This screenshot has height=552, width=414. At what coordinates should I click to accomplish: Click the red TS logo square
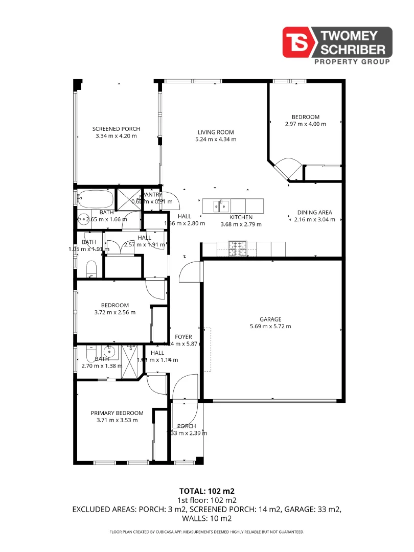(300, 42)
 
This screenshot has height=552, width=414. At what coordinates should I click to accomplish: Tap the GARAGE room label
(270, 319)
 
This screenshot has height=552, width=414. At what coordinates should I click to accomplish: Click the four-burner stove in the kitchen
(237, 248)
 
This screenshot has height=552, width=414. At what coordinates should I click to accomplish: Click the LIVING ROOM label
(216, 132)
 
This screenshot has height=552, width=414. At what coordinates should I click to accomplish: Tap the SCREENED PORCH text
(116, 129)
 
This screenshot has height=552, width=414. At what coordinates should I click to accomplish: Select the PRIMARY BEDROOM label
(117, 413)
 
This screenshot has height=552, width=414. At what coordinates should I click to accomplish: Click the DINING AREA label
(315, 213)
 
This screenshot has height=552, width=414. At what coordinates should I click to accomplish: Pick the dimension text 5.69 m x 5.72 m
(270, 327)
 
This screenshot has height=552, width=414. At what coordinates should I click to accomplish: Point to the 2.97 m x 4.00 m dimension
(306, 124)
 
